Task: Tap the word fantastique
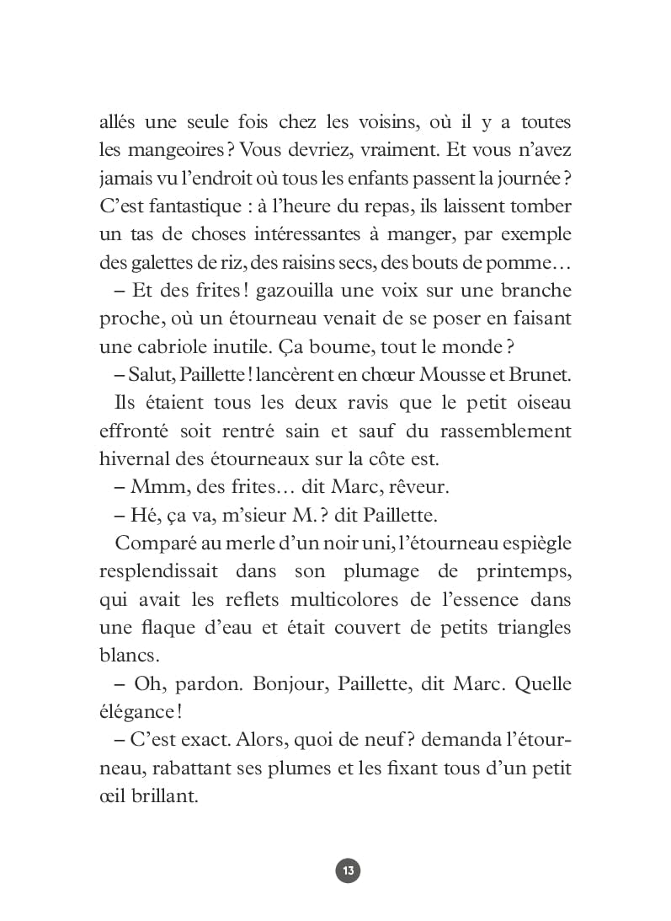click(x=189, y=207)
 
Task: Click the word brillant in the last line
click(x=164, y=795)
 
